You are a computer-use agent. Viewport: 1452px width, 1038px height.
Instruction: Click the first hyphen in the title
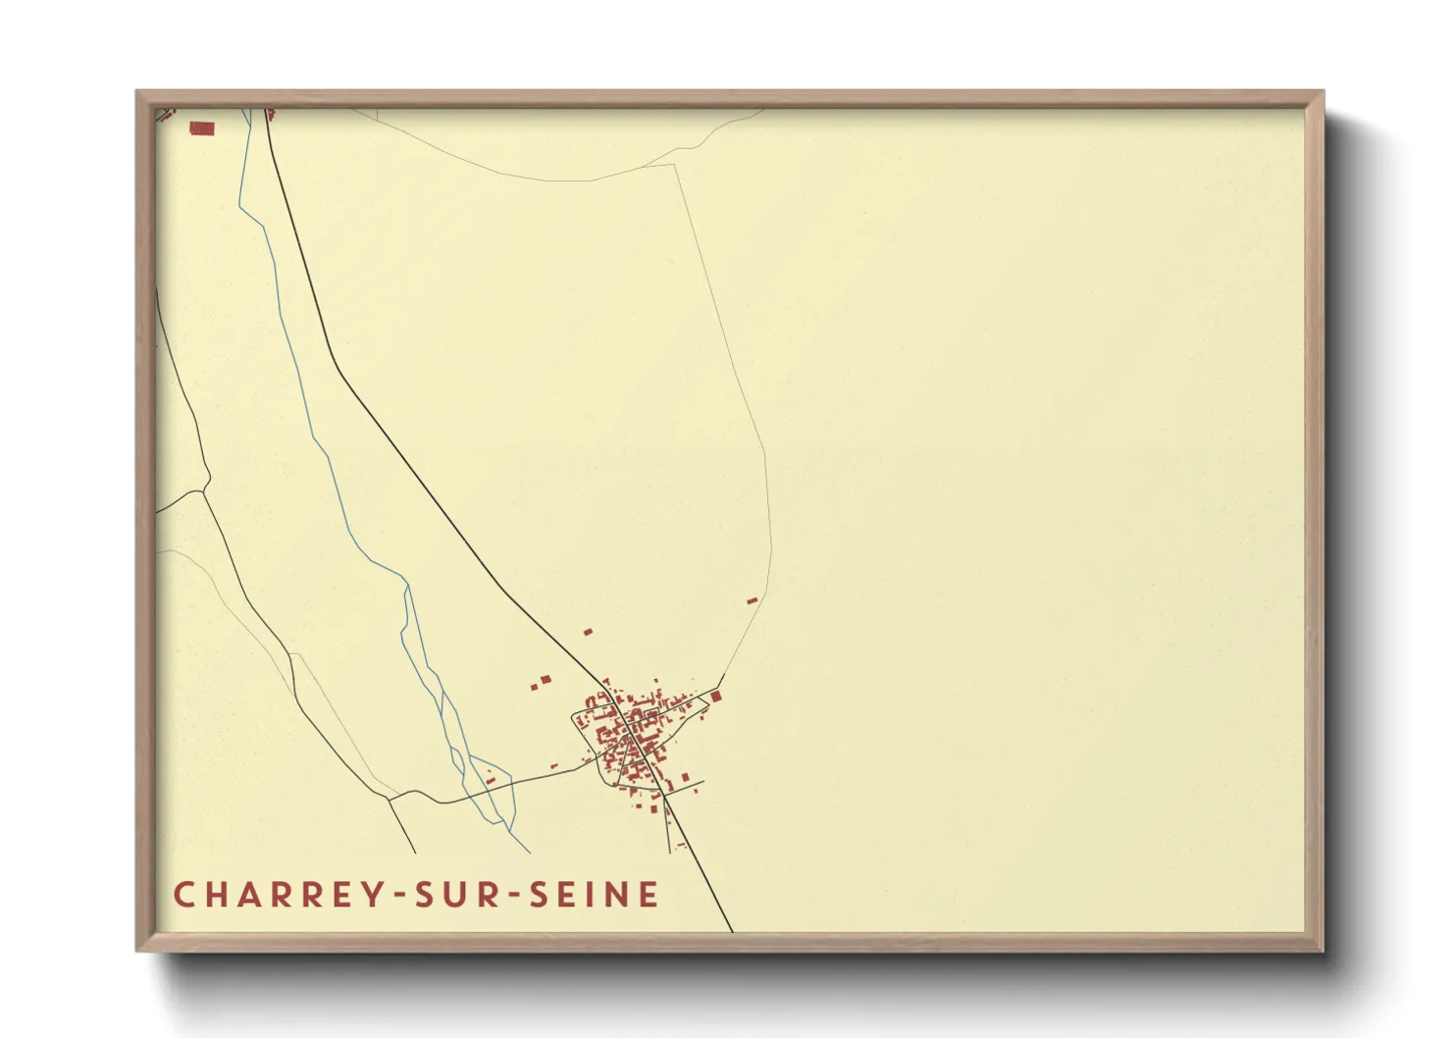tap(398, 896)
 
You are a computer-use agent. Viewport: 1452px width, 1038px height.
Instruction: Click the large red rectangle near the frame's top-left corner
tap(202, 129)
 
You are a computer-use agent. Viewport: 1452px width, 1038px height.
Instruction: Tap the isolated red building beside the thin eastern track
tap(752, 600)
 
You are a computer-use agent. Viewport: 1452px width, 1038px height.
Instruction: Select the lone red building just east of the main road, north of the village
tap(588, 632)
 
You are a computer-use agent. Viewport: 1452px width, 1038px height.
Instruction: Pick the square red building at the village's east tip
tap(716, 697)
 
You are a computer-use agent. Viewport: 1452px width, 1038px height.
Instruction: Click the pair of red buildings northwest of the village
tap(542, 681)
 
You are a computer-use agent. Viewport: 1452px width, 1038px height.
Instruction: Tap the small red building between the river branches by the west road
tap(490, 781)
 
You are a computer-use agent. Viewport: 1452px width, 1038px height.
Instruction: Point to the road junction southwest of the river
tap(389, 800)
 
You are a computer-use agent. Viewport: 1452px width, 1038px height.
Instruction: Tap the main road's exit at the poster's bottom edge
tap(732, 930)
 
